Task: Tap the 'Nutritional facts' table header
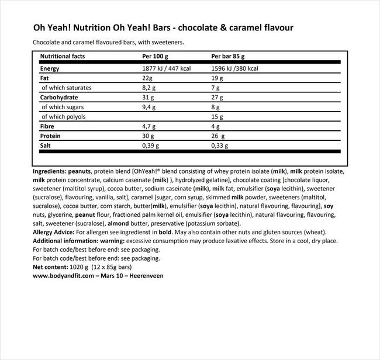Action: click(63, 57)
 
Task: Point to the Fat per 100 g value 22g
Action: click(147, 78)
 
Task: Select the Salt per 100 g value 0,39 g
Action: click(152, 146)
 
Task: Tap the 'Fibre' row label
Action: click(47, 126)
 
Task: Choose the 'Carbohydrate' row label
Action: click(59, 97)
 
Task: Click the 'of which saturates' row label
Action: click(66, 88)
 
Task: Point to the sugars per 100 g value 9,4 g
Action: click(150, 107)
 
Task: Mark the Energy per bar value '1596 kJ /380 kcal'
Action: click(236, 68)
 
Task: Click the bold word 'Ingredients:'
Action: click(53, 172)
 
